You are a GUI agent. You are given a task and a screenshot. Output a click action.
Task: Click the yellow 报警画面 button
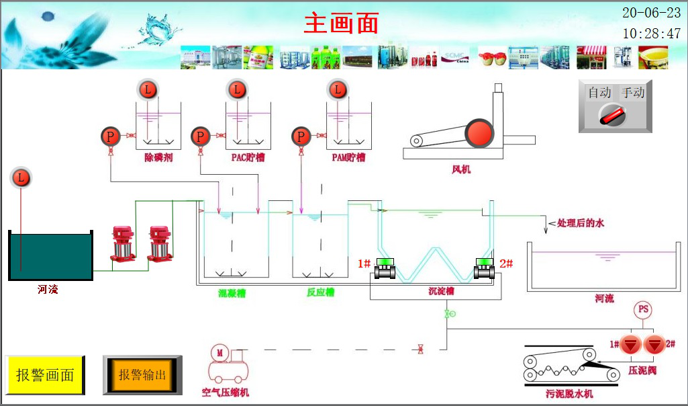tap(45, 375)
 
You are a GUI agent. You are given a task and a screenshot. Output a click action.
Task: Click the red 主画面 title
tap(342, 23)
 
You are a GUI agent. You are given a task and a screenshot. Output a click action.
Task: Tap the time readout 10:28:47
tap(651, 34)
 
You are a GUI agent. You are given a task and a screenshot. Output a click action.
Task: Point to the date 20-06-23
tap(651, 13)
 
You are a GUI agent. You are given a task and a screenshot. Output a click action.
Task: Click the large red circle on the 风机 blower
tap(479, 132)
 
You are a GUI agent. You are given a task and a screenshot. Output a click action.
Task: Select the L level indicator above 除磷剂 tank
tap(147, 89)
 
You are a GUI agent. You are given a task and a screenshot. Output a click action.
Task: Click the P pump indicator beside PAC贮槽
tap(200, 137)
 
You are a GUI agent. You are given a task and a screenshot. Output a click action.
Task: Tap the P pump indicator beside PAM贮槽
tap(301, 137)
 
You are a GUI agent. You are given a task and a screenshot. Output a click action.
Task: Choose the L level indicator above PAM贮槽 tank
tap(337, 89)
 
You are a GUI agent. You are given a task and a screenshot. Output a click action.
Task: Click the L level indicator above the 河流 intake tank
tap(21, 178)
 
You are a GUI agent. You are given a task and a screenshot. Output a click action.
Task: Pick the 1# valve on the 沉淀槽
tap(385, 269)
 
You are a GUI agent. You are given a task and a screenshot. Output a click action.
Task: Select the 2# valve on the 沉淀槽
tap(484, 269)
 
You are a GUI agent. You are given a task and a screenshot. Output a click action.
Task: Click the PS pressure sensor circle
tap(643, 310)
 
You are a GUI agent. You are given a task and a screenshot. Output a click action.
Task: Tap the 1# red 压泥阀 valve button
tap(630, 345)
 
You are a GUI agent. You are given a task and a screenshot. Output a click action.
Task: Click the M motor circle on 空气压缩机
tap(219, 352)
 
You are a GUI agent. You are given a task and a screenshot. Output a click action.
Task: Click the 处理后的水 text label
tap(581, 222)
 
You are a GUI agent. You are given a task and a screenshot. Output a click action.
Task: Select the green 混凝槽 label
tap(232, 292)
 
